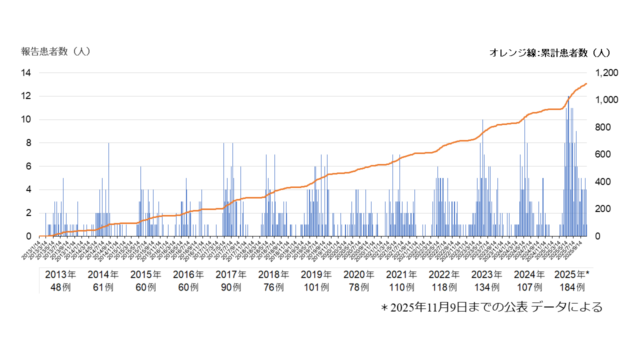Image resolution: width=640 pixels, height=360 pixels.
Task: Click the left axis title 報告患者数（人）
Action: tap(55, 51)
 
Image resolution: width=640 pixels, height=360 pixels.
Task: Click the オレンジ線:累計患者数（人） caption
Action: tap(549, 52)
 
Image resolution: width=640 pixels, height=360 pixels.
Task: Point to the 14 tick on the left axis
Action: tap(25, 73)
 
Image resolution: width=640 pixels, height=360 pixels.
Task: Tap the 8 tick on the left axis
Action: tap(28, 143)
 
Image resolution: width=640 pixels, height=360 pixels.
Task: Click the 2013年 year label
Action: tap(60, 274)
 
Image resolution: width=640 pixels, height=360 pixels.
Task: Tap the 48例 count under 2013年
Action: tap(60, 287)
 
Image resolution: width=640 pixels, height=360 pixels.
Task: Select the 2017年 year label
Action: tap(231, 274)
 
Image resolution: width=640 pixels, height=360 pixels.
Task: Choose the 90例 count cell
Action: tap(231, 287)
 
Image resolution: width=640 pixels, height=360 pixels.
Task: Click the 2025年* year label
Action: tap(572, 274)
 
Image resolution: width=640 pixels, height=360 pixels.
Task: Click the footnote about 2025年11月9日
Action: tap(491, 307)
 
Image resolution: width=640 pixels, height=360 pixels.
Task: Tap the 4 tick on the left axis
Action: tap(28, 189)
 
